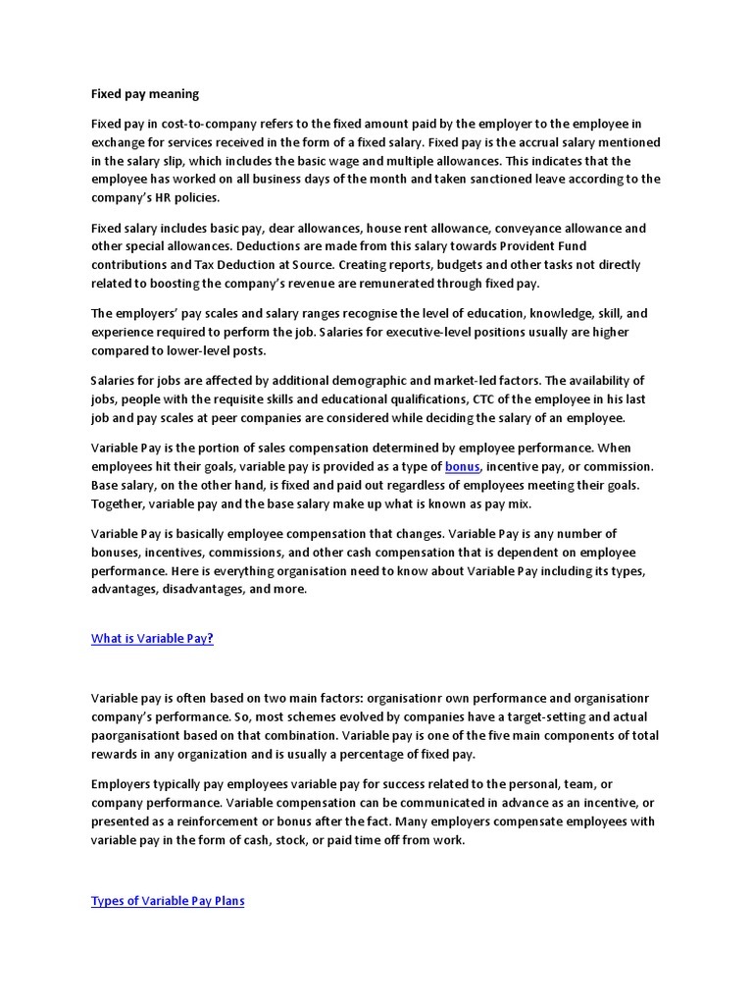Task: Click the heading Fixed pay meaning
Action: [144, 94]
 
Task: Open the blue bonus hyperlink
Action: [462, 467]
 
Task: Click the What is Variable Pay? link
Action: [152, 639]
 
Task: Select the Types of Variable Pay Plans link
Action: [168, 901]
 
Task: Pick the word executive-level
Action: [437, 332]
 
